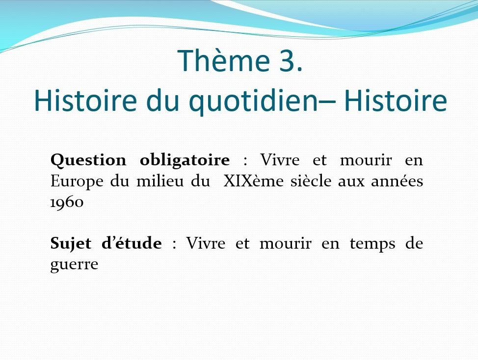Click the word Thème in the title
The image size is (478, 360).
(x=223, y=60)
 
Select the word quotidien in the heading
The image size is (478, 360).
(x=254, y=101)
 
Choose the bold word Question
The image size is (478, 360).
(x=88, y=160)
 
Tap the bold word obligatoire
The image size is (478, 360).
(x=185, y=160)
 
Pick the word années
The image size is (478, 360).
(x=397, y=181)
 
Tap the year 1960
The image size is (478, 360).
(x=67, y=202)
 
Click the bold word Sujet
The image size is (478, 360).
(x=71, y=244)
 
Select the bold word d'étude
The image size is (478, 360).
(x=132, y=243)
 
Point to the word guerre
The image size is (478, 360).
(x=74, y=265)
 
